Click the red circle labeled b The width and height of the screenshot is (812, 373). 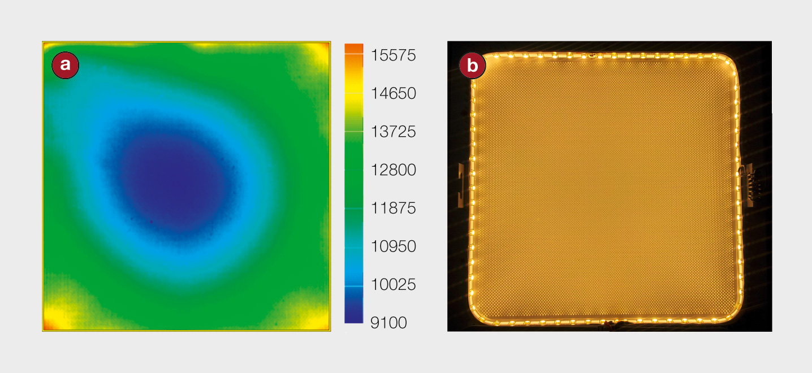coord(472,66)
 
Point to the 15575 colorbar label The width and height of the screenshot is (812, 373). coord(393,55)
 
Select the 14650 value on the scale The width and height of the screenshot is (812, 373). coord(393,94)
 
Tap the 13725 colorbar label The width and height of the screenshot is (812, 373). coord(393,132)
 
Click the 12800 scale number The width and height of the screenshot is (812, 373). coord(393,170)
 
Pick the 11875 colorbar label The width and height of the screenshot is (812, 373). coord(393,209)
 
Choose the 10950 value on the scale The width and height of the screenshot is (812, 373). coord(393,246)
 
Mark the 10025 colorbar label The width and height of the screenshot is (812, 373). coord(393,285)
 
